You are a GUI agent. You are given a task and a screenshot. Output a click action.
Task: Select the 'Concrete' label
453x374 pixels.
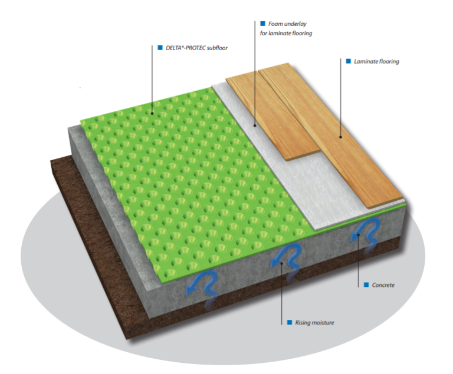pyautogui.click(x=383, y=285)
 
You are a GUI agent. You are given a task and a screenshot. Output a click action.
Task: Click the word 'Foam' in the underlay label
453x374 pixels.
pyautogui.click(x=275, y=24)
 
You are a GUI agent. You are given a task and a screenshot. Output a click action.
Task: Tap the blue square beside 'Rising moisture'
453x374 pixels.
pyautogui.click(x=289, y=323)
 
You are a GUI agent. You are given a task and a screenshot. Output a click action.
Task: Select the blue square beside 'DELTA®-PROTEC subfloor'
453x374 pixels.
pyautogui.click(x=160, y=48)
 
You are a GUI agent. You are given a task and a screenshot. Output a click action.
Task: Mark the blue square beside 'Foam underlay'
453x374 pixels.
pyautogui.click(x=262, y=24)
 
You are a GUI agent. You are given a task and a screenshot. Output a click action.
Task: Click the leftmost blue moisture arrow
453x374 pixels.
pyautogui.click(x=198, y=283)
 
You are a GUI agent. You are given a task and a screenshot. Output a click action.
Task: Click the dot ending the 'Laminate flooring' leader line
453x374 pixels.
pyautogui.click(x=340, y=137)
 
